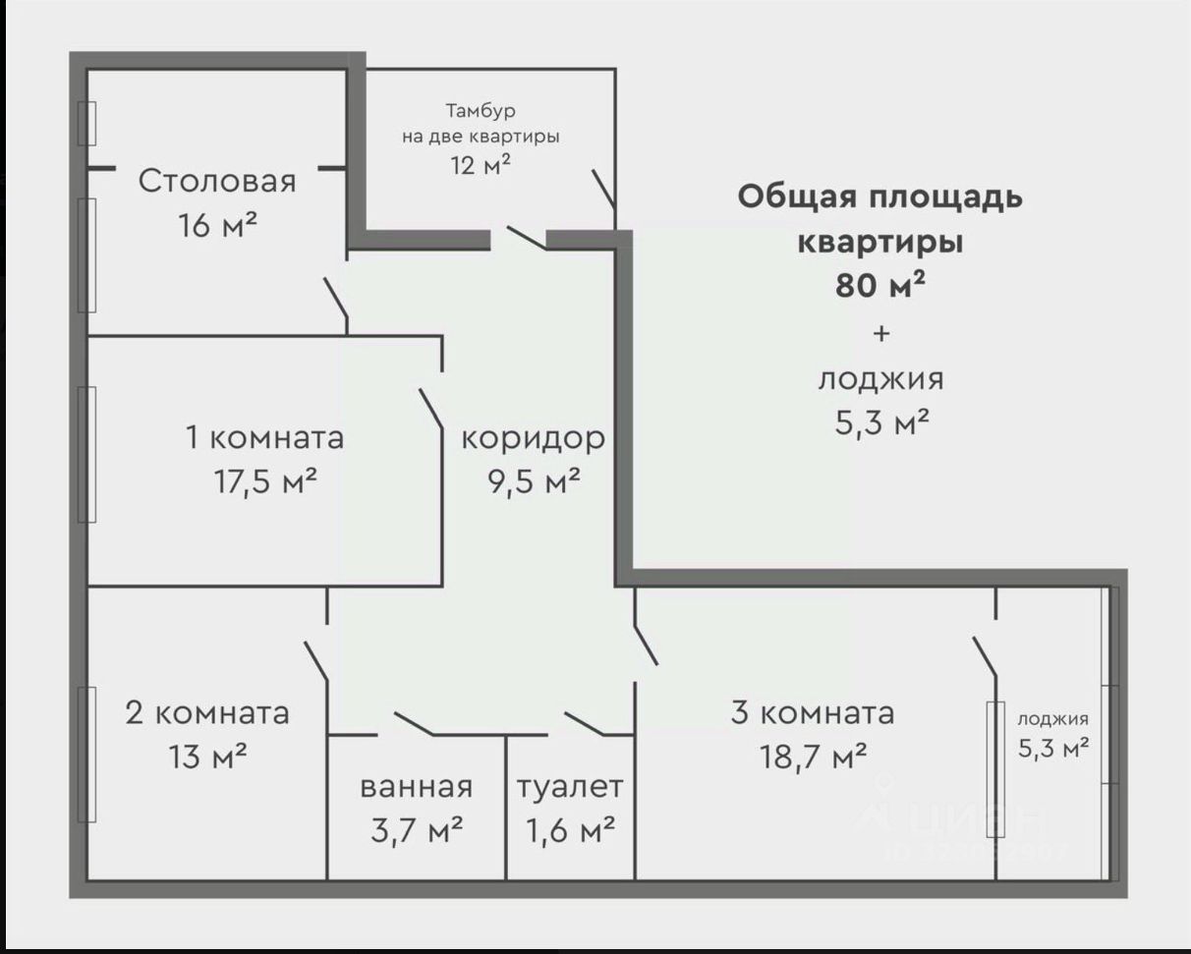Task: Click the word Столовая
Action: (x=216, y=182)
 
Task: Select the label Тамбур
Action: (x=480, y=110)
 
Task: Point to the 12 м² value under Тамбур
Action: (x=481, y=164)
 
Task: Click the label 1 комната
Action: (x=265, y=437)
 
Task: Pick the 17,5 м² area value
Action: (x=265, y=481)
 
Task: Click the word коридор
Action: (x=534, y=438)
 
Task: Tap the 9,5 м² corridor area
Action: (x=534, y=481)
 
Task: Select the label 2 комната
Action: (x=207, y=712)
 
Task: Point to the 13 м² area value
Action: (x=207, y=757)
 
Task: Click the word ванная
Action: (x=416, y=787)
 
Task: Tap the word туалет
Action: (x=570, y=787)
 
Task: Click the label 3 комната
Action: (x=813, y=712)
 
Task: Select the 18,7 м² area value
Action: (x=813, y=757)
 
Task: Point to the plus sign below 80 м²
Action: (x=880, y=333)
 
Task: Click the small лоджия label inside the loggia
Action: (x=1052, y=719)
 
